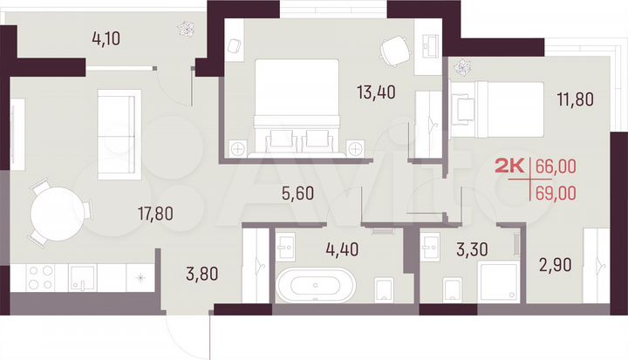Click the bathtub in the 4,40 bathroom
[x=317, y=287]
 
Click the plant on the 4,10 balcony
[x=186, y=29]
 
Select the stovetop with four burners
[x=38, y=277]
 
